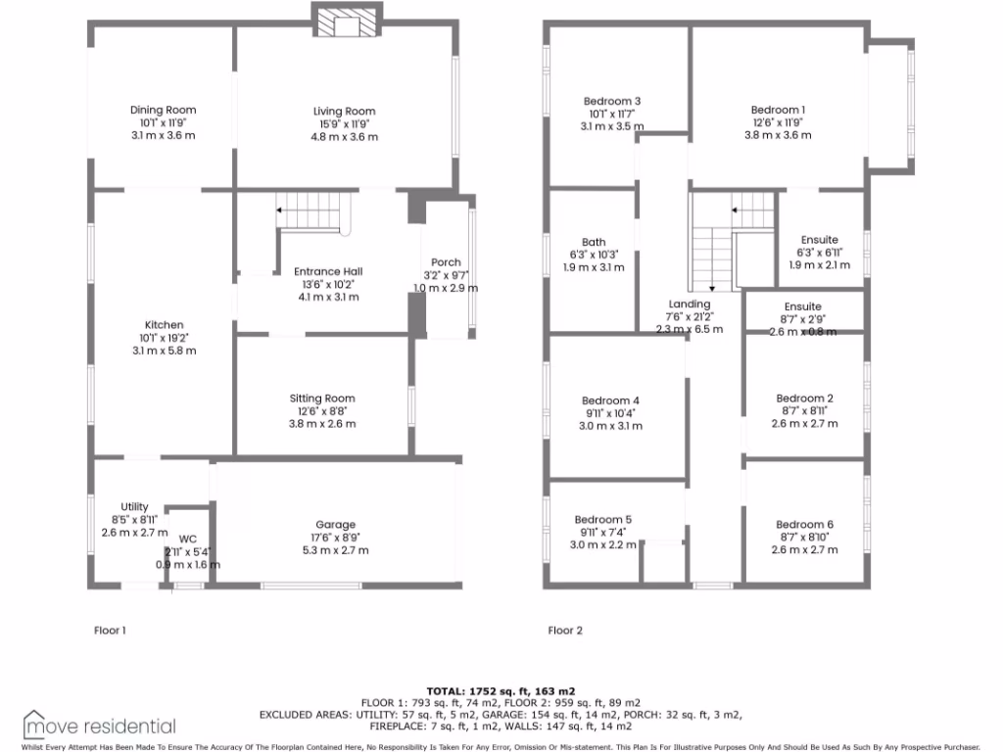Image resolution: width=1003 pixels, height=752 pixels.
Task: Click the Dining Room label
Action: tap(163, 111)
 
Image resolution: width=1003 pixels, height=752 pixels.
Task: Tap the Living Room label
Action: tap(344, 112)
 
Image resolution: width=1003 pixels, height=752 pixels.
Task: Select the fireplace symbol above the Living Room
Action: tap(344, 23)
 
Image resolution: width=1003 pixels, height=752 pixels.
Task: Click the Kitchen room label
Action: tap(164, 325)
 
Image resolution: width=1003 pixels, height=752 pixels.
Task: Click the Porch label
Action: tap(446, 261)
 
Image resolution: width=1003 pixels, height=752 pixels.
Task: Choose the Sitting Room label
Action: tap(321, 399)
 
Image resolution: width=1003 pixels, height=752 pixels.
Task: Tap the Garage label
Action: tap(335, 525)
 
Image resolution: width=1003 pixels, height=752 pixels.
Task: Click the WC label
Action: tap(187, 540)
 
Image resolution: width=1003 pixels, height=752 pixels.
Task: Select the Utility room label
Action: tap(134, 506)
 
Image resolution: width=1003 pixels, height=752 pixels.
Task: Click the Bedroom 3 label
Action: tap(612, 101)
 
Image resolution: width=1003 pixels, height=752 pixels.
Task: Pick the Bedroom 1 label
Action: tap(779, 110)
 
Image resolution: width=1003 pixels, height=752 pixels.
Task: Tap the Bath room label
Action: tap(593, 242)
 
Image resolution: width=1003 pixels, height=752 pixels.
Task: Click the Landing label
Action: tap(689, 304)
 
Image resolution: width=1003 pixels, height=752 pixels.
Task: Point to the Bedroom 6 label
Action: tap(804, 525)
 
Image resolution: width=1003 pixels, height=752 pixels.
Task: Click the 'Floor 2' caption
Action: tap(565, 631)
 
